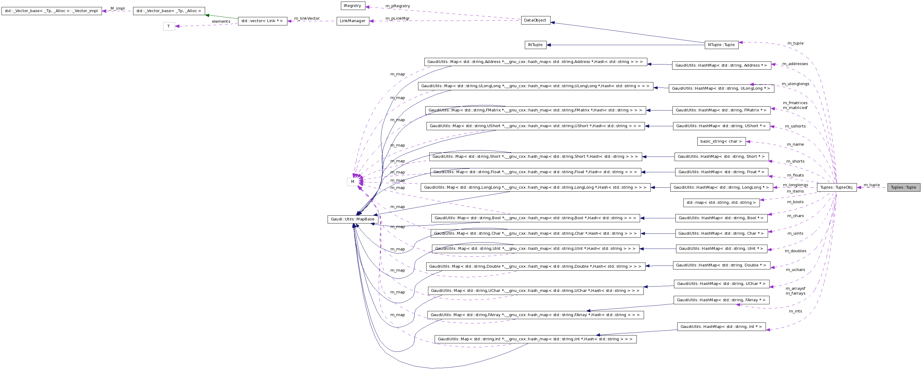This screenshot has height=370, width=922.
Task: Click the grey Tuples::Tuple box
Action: pyautogui.click(x=903, y=187)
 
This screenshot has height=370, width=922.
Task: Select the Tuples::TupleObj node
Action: pyautogui.click(x=836, y=187)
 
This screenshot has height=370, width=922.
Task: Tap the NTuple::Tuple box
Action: pyautogui.click(x=721, y=45)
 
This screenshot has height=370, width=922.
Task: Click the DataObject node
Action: pyautogui.click(x=535, y=20)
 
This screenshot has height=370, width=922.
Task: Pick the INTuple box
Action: pyautogui.click(x=535, y=45)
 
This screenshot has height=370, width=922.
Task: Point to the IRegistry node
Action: pyautogui.click(x=352, y=6)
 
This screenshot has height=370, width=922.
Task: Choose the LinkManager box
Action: pyautogui.click(x=352, y=21)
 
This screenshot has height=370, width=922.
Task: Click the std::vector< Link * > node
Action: pyautogui.click(x=262, y=21)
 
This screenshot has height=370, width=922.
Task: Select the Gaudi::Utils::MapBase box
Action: pyautogui.click(x=352, y=219)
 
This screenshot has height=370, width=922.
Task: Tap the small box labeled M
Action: pyautogui.click(x=352, y=182)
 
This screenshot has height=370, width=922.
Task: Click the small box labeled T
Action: pyautogui.click(x=168, y=26)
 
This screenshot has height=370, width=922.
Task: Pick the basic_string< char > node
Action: pyautogui.click(x=721, y=141)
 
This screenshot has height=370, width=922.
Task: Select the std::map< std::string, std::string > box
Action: pyautogui.click(x=721, y=203)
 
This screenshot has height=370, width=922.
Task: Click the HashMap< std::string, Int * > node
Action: pyautogui.click(x=721, y=327)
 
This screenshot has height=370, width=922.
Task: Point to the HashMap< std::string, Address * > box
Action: pyautogui.click(x=721, y=65)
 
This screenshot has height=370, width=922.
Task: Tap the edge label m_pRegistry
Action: pyautogui.click(x=398, y=6)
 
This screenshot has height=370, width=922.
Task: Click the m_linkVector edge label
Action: pyautogui.click(x=307, y=18)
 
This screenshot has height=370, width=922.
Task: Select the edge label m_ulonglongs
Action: pyautogui.click(x=795, y=84)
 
